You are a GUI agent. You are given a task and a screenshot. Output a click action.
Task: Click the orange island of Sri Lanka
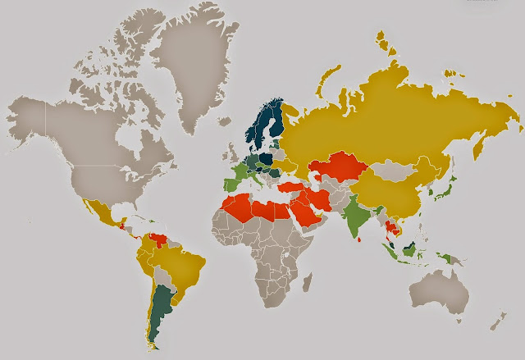tap(361, 240)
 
